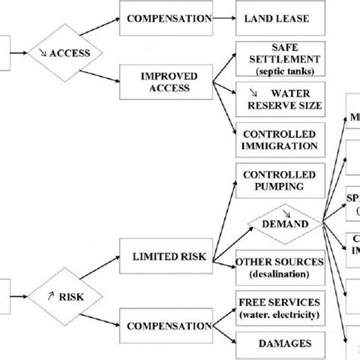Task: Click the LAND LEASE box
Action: pos(275,17)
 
